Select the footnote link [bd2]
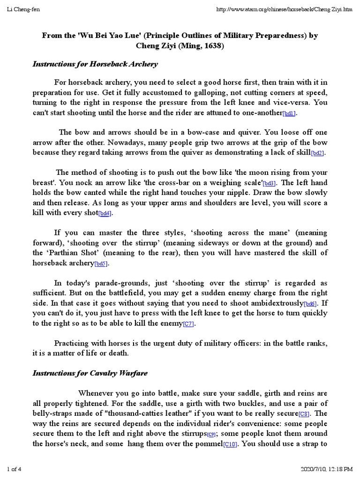point(318,153)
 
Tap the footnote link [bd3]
point(269,183)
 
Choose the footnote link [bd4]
point(105,214)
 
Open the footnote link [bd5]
point(101,264)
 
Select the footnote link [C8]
point(305,414)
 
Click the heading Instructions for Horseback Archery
point(95,64)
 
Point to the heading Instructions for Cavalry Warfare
point(90,373)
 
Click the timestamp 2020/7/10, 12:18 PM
point(326,469)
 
